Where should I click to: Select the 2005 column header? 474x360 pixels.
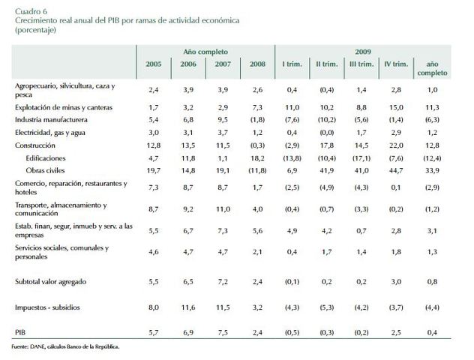pos(152,65)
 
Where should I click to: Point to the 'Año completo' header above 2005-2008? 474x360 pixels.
pos(205,51)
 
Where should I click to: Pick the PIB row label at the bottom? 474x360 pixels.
pos(22,331)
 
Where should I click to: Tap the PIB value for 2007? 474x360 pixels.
pos(223,331)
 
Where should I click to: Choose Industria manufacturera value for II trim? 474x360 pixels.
pos(328,118)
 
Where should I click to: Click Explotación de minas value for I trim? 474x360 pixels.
pos(292,108)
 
